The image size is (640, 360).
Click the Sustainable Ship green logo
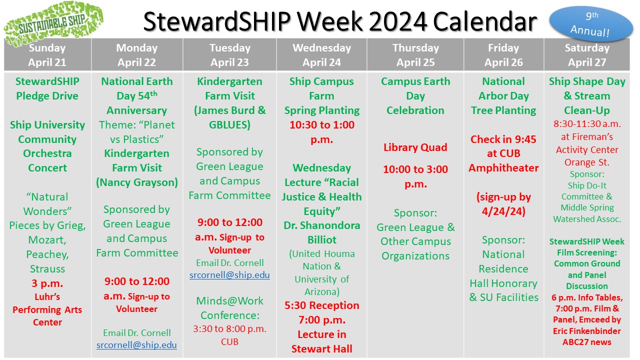pyautogui.click(x=53, y=23)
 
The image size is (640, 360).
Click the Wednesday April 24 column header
pyautogui.click(x=321, y=55)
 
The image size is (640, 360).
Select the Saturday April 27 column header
pyautogui.click(x=587, y=55)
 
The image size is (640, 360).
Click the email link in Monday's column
pyautogui.click(x=136, y=345)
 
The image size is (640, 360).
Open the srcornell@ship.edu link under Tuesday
pyautogui.click(x=229, y=275)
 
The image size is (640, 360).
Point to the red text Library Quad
pyautogui.click(x=415, y=147)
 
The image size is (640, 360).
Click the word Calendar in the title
pyautogui.click(x=485, y=21)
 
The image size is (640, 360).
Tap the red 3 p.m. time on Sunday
pyautogui.click(x=47, y=283)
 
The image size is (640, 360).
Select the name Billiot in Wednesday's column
pyautogui.click(x=322, y=239)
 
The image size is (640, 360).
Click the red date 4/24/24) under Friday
pyautogui.click(x=503, y=211)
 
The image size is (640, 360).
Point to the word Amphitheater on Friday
pyautogui.click(x=503, y=168)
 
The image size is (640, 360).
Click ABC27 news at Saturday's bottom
pyautogui.click(x=587, y=342)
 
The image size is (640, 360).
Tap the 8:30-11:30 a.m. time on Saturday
pyautogui.click(x=587, y=124)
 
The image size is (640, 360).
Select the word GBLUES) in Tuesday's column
pyautogui.click(x=229, y=125)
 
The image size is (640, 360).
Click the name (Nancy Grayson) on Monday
pyautogui.click(x=137, y=182)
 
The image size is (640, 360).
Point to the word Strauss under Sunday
pyautogui.click(x=47, y=269)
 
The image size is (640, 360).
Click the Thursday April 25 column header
pyautogui.click(x=415, y=55)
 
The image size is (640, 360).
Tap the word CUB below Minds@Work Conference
pyautogui.click(x=229, y=341)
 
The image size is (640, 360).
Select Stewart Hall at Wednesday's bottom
pyautogui.click(x=322, y=349)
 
